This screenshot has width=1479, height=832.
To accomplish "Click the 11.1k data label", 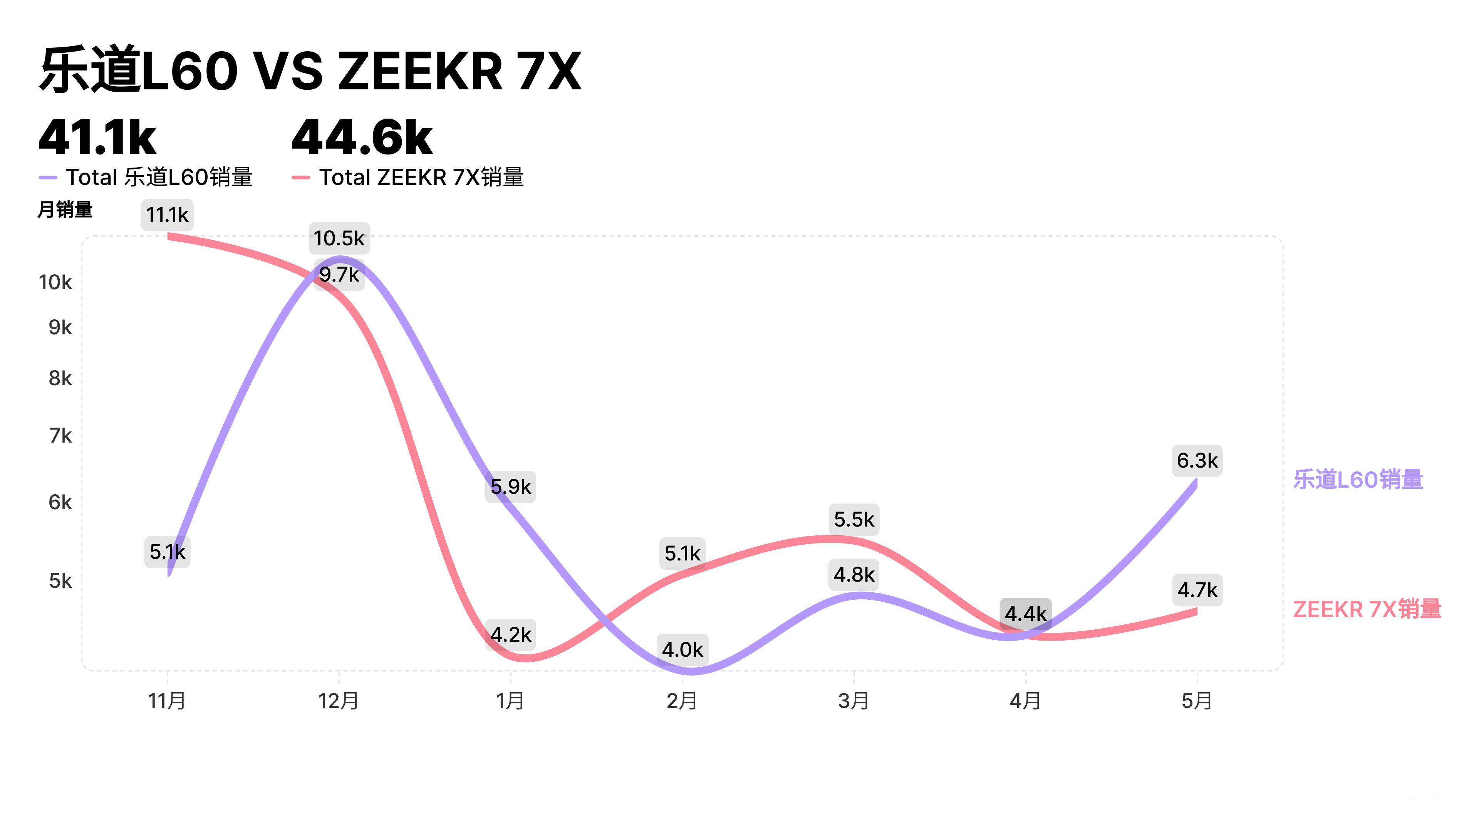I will (x=167, y=215).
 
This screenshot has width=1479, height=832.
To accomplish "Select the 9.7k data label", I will (x=339, y=275).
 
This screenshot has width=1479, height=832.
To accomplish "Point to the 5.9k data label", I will (x=510, y=487).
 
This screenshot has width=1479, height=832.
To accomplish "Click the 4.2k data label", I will (x=510, y=634).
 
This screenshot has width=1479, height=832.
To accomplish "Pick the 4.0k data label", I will (x=682, y=649).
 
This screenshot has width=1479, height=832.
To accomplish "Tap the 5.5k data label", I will (x=854, y=520).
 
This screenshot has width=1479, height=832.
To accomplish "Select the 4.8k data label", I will (x=854, y=574).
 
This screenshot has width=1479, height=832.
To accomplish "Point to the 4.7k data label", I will (x=1197, y=590).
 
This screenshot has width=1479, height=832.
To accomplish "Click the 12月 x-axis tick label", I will (x=339, y=701).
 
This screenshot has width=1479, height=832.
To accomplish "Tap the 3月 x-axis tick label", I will (x=854, y=701).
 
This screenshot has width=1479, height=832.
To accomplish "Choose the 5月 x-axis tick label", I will (x=1197, y=701).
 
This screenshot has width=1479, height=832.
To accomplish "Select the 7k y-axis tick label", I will (x=60, y=436).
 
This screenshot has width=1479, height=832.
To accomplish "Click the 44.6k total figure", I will (x=362, y=138).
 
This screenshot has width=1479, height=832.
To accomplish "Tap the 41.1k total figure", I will (x=97, y=138).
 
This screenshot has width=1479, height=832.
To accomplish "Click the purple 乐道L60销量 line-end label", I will (x=1358, y=480).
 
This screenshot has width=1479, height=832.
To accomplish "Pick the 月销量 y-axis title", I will (x=65, y=210).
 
